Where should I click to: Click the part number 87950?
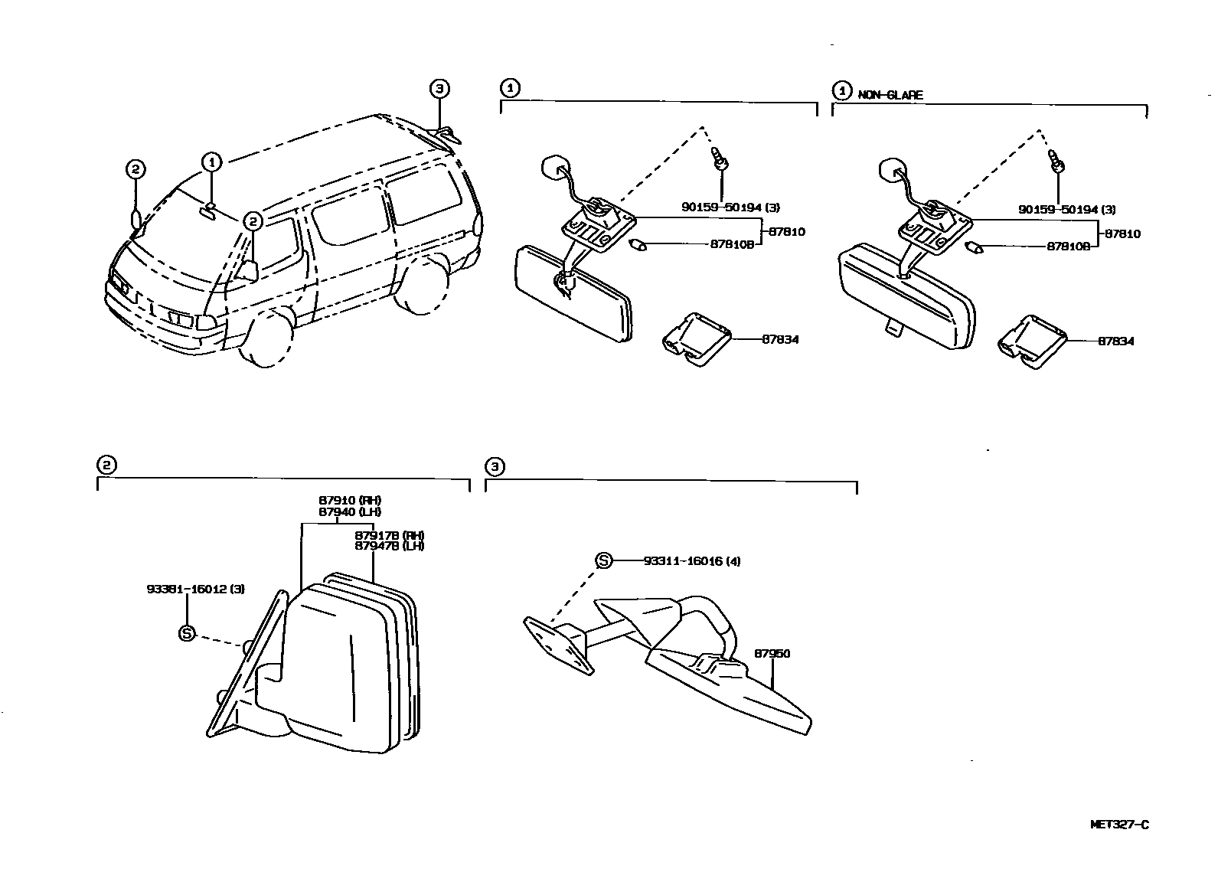pyautogui.click(x=772, y=654)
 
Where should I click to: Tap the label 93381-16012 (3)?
pyautogui.click(x=184, y=589)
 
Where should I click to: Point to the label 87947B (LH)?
pyautogui.click(x=389, y=546)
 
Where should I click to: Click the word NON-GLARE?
pyautogui.click(x=890, y=95)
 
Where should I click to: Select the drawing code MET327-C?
pyautogui.click(x=1119, y=825)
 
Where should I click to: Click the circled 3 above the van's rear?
pyautogui.click(x=438, y=89)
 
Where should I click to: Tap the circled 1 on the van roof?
pyautogui.click(x=211, y=162)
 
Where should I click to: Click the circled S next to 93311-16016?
pyautogui.click(x=603, y=561)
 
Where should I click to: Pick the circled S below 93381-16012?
pyautogui.click(x=187, y=633)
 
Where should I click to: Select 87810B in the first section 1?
pyautogui.click(x=732, y=245)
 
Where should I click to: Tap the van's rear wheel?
pyautogui.click(x=422, y=286)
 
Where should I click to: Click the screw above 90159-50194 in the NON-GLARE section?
pyautogui.click(x=1056, y=162)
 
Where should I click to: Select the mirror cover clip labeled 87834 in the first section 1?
pyautogui.click(x=696, y=338)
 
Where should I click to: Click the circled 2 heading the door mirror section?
pyautogui.click(x=106, y=465)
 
